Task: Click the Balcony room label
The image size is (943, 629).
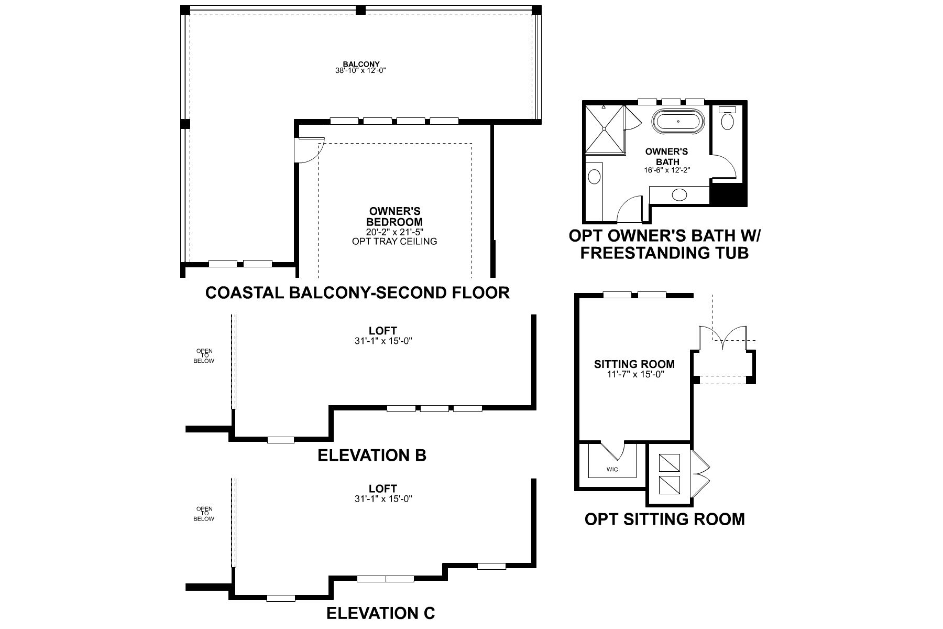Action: coord(361,64)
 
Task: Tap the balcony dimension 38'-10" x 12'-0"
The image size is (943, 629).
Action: coord(361,71)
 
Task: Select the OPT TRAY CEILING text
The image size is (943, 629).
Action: coord(394,242)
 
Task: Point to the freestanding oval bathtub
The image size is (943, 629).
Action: coord(678,122)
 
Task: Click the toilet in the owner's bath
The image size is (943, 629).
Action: coord(727,120)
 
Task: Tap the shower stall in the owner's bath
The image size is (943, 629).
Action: coord(605,129)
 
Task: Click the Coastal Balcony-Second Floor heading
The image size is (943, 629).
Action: coord(357,292)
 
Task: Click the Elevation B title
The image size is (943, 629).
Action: coord(372,455)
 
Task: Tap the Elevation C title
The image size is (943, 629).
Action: coord(380,613)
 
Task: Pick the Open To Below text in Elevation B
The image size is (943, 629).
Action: coord(204,356)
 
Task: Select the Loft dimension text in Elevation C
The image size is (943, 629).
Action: coord(383,499)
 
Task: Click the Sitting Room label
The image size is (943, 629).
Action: coord(634,364)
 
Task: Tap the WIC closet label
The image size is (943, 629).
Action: coord(612,469)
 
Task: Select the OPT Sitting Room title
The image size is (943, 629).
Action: coord(664,519)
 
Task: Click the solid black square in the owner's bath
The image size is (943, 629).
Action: coord(727,195)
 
